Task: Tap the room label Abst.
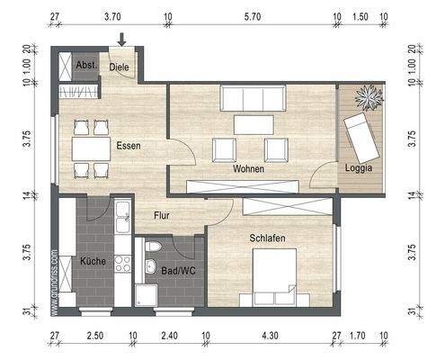[86, 66]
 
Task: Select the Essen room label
[127, 145]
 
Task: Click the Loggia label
[359, 168]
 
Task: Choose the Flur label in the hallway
[162, 215]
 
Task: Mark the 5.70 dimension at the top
[253, 17]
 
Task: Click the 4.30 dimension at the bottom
[270, 340]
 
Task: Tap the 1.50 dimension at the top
[360, 17]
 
